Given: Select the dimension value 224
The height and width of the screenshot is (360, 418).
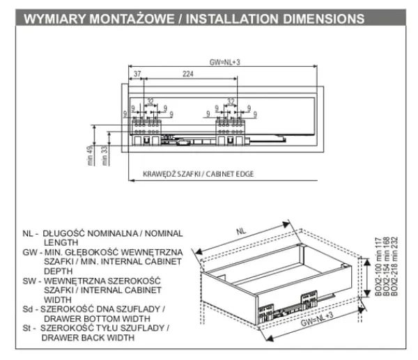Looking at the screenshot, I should pyautogui.click(x=187, y=72).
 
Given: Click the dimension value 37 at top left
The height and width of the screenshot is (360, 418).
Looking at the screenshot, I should pyautogui.click(x=137, y=72).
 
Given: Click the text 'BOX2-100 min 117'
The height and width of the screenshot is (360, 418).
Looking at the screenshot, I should pyautogui.click(x=381, y=265).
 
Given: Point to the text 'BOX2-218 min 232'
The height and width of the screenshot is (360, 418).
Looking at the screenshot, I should pyautogui.click(x=398, y=265).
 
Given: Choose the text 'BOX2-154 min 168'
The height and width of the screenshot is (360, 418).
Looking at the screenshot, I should pyautogui.click(x=389, y=265).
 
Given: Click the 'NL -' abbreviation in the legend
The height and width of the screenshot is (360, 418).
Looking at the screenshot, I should pyautogui.click(x=29, y=233).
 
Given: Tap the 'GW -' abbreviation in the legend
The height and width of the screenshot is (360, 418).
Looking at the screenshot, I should pyautogui.click(x=30, y=251).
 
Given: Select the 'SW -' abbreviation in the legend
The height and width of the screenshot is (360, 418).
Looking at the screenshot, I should pyautogui.click(x=30, y=279).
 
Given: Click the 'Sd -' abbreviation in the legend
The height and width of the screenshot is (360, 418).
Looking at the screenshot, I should pyautogui.click(x=29, y=308).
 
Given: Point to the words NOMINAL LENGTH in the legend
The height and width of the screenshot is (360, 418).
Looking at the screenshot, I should pyautogui.click(x=125, y=237).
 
